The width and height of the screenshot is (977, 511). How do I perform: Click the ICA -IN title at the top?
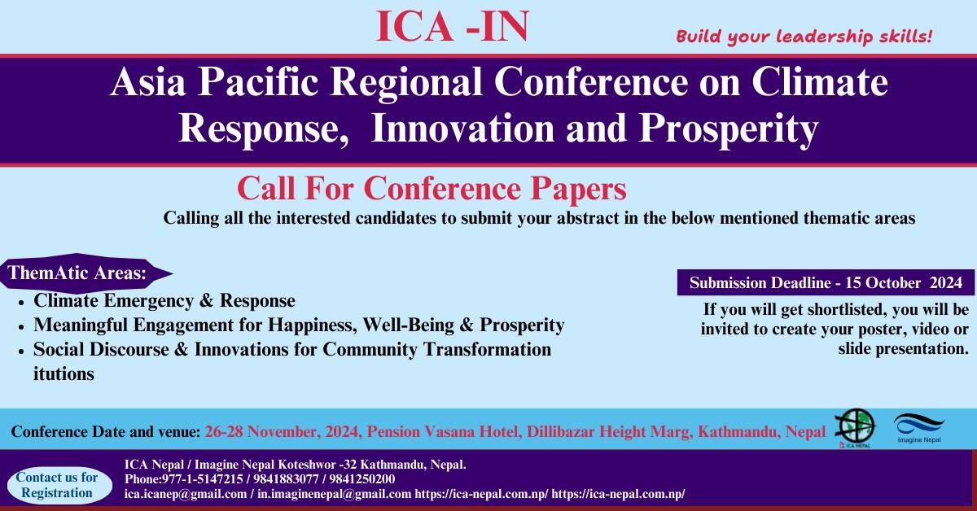[x=452, y=26]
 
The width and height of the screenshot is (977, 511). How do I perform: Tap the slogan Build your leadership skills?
[x=804, y=37]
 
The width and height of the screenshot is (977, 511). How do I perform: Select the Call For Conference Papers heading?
[x=432, y=189]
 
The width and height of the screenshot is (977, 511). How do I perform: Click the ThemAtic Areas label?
[x=77, y=273]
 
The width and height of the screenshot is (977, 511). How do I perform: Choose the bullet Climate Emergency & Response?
[x=164, y=300]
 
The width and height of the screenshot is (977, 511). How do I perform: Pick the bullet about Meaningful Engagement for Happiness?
[x=298, y=325]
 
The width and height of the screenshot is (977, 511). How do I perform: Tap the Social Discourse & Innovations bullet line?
[x=291, y=350]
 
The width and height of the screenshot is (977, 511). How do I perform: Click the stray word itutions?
[x=64, y=374]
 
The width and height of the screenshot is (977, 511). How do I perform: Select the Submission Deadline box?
[x=826, y=283]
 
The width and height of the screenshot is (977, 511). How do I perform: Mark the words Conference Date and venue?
[x=106, y=430]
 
